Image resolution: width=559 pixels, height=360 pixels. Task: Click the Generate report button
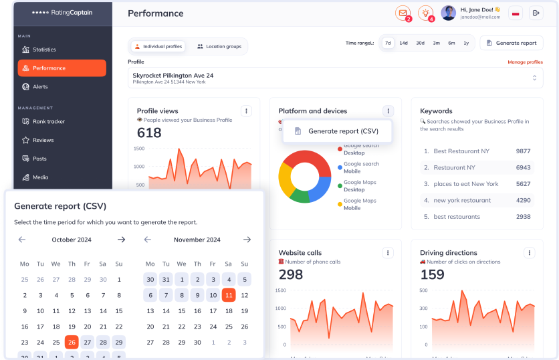click(512, 43)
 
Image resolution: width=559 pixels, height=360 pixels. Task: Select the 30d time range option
click(420, 43)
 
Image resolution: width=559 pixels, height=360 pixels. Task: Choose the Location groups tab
click(219, 46)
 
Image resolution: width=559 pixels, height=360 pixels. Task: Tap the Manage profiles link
click(525, 62)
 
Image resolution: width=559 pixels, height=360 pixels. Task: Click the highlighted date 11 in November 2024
click(229, 295)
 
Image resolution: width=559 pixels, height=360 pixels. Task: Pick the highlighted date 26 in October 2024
click(72, 342)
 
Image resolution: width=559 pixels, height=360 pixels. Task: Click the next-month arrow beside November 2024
click(247, 240)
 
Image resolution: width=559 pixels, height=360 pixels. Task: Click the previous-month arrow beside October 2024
click(22, 240)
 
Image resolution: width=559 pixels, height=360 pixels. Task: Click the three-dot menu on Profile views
click(246, 111)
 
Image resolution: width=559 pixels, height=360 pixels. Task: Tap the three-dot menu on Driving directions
click(530, 253)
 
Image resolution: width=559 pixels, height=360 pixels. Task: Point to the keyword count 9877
click(523, 151)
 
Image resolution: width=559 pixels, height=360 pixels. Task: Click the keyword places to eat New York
click(466, 184)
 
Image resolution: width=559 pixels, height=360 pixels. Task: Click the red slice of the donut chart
click(305, 161)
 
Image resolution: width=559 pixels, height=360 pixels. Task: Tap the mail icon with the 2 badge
click(403, 13)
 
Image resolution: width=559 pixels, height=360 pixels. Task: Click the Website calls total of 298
click(291, 274)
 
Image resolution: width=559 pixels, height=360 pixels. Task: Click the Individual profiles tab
click(158, 46)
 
